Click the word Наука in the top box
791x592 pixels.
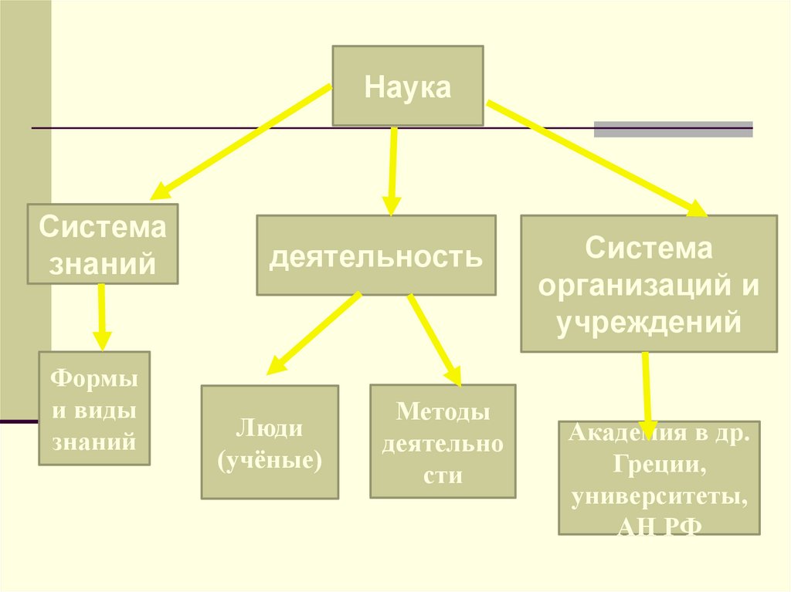407,86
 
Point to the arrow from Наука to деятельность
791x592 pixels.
392,170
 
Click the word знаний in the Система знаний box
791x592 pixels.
103,265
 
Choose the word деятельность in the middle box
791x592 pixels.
375,255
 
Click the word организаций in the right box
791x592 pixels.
639,285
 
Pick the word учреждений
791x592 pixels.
648,320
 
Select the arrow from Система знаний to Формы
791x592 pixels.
101,316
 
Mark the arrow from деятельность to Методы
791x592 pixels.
434,340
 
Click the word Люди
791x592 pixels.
270,428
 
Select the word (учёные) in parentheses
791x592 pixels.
270,460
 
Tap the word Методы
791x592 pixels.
443,412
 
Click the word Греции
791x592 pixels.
659,466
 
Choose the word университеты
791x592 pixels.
659,497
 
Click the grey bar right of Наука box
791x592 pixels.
673,129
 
